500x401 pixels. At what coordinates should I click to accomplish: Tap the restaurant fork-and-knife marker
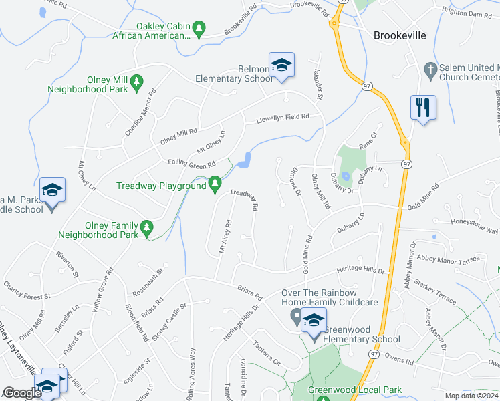pyautogui.click(x=422, y=107)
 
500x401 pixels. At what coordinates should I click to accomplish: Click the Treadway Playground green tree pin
pyautogui.click(x=215, y=182)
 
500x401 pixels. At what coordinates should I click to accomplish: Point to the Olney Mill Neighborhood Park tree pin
pyautogui.click(x=136, y=82)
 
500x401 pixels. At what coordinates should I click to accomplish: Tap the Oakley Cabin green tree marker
pyautogui.click(x=198, y=27)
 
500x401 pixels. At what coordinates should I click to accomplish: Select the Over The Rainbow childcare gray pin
pyautogui.click(x=296, y=320)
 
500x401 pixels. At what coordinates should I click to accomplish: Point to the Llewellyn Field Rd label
pyautogui.click(x=283, y=118)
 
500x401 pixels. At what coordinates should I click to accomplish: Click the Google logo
pyautogui.click(x=22, y=393)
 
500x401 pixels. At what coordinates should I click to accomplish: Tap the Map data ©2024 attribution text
pyautogui.click(x=472, y=396)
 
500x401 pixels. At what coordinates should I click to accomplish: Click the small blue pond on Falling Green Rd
pyautogui.click(x=245, y=160)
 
